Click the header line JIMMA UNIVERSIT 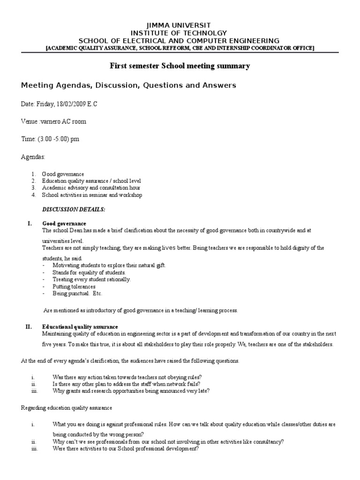(x=180, y=25)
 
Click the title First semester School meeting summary (x=180, y=66)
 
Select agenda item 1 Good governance (x=63, y=174)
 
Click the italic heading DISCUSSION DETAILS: (x=74, y=209)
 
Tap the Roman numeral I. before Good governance (x=29, y=224)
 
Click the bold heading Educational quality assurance (x=80, y=327)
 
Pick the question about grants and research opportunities (x=131, y=391)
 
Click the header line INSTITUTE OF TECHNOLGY (x=180, y=33)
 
